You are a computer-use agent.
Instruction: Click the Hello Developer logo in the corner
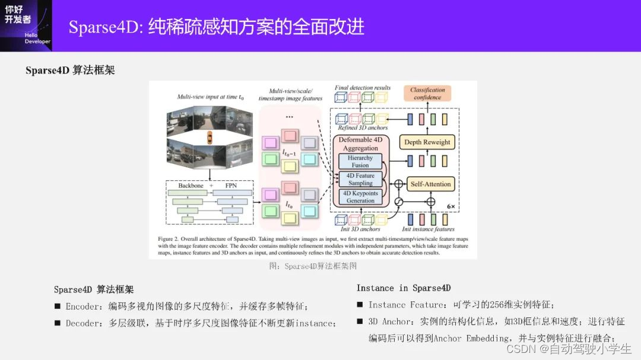[x=26, y=25]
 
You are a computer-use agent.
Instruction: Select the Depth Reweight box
[x=428, y=142]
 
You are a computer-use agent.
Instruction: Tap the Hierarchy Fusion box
[x=360, y=161]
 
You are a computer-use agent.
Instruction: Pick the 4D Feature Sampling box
[x=360, y=179]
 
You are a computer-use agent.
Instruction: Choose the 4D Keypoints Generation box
[x=360, y=197]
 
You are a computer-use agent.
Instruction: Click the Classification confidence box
[x=427, y=94]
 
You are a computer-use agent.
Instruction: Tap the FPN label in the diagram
[x=231, y=186]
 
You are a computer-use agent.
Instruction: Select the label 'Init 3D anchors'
[x=361, y=229]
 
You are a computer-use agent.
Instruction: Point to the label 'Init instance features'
[x=428, y=229]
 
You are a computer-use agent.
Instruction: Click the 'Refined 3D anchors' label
[x=362, y=128]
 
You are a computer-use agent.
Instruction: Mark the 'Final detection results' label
[x=363, y=88]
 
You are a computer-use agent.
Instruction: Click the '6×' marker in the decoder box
[x=450, y=206]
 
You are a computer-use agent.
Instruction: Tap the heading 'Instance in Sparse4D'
[x=404, y=288]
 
